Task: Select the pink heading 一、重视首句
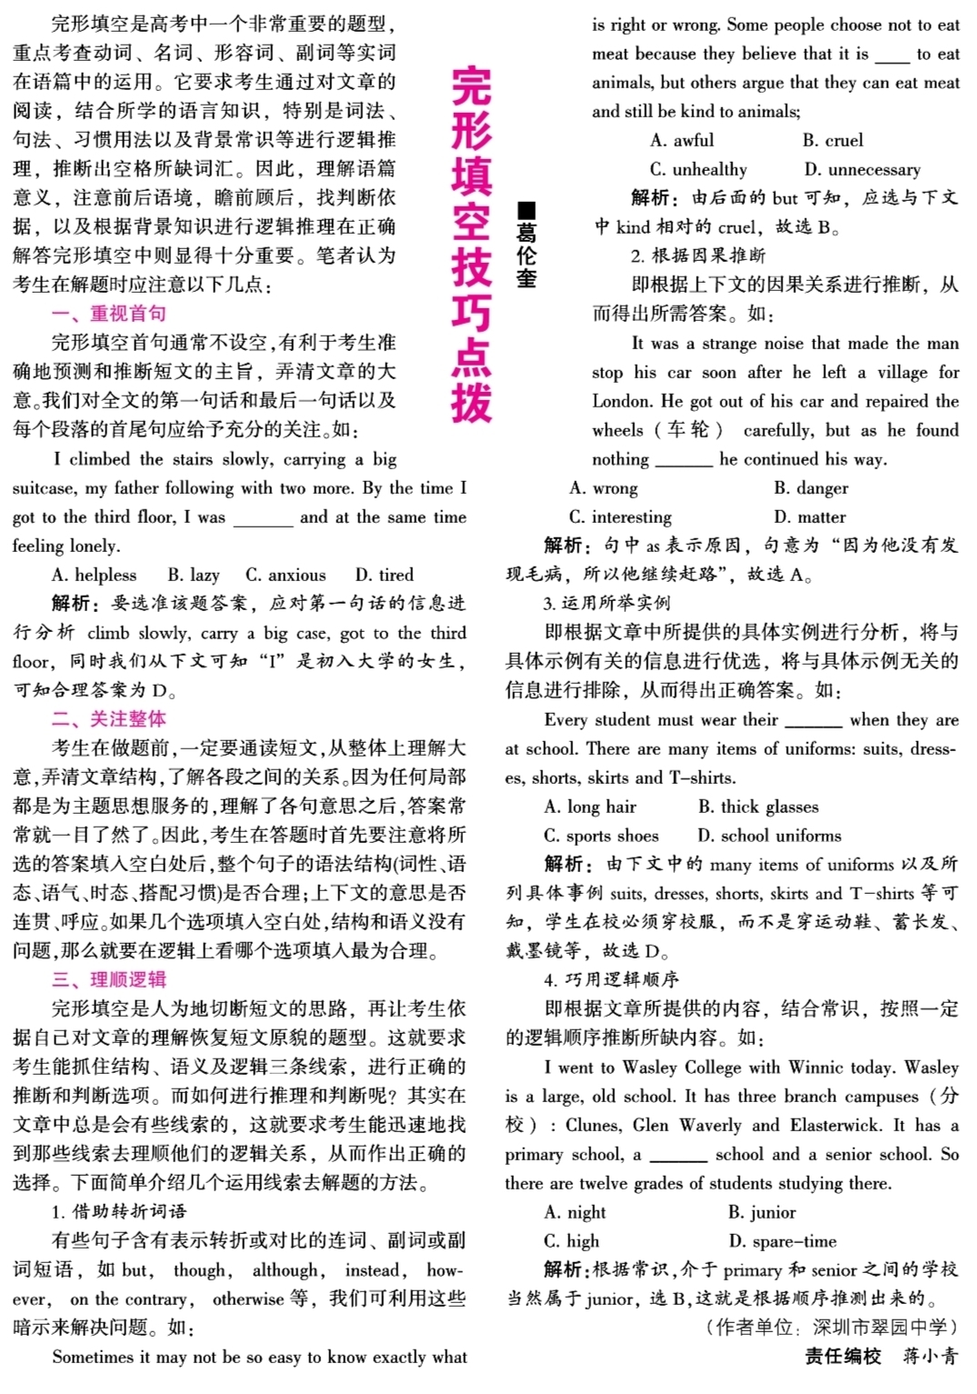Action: point(109,314)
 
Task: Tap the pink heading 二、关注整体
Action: point(109,718)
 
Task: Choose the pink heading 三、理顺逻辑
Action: point(109,979)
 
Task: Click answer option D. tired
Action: point(384,575)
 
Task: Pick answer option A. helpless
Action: point(95,575)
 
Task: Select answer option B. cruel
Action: point(832,140)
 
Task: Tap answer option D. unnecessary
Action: point(861,169)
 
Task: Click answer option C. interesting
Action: point(620,516)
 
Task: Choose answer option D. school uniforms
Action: point(769,835)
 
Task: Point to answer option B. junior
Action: point(761,1212)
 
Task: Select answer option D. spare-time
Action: point(782,1241)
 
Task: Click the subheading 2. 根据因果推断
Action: point(698,256)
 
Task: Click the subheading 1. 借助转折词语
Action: point(119,1211)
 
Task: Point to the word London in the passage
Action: point(623,401)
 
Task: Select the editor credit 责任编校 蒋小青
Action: point(881,1356)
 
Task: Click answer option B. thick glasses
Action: point(758,807)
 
